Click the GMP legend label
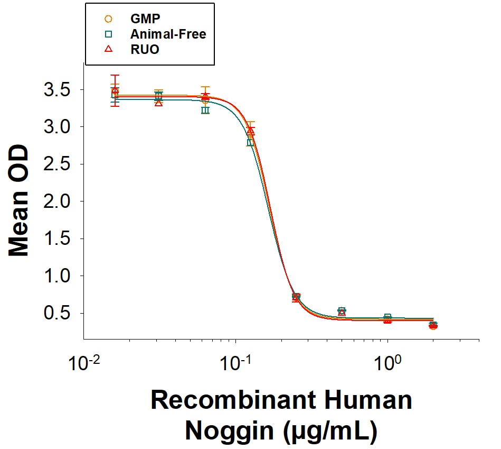tap(145, 19)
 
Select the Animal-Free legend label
tap(168, 34)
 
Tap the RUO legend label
tap(145, 49)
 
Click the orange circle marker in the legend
tap(109, 19)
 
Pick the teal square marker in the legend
tap(109, 34)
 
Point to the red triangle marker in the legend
tap(109, 49)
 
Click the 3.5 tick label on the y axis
tap(57, 90)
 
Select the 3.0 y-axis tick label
tap(57, 127)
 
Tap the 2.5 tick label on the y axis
tap(57, 164)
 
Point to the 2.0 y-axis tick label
tap(57, 201)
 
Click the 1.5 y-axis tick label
tap(57, 239)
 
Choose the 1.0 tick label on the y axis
tap(57, 276)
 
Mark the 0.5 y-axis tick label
tap(57, 313)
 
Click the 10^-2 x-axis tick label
tap(84, 363)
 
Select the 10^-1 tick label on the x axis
tap(235, 363)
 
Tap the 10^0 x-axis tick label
tap(387, 363)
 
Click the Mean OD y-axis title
tap(18, 200)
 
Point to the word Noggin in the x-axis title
tap(230, 432)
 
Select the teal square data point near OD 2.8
tap(250, 142)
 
